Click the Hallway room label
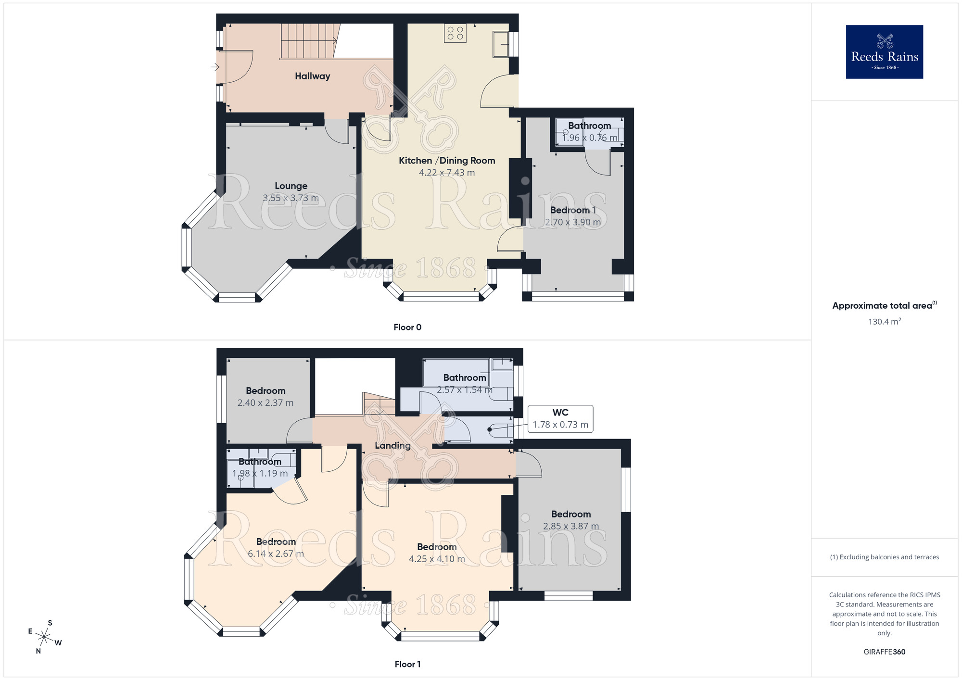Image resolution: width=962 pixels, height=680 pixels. point(312,76)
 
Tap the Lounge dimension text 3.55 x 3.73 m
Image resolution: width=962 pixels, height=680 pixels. point(291,198)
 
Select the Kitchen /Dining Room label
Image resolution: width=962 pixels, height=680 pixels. point(447,161)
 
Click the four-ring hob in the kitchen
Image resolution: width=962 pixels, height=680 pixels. point(455,33)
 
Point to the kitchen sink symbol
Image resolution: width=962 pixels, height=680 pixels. point(501,44)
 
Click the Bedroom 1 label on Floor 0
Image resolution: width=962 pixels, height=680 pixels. point(573,210)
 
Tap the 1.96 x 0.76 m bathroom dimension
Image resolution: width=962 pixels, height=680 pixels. point(590,138)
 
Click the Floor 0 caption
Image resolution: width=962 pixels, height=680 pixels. point(407,327)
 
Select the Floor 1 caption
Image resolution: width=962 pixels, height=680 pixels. point(407,664)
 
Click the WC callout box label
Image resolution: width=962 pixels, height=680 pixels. point(560,413)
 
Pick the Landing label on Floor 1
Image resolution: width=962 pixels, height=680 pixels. point(392,445)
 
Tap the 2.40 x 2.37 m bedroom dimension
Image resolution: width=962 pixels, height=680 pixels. point(265,403)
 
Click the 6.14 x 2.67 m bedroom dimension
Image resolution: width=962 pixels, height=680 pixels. point(276,554)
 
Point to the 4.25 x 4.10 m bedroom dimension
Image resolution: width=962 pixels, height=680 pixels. point(437,559)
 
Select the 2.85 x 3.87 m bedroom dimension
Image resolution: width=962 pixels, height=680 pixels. point(571,526)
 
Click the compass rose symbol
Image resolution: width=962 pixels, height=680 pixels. point(44,637)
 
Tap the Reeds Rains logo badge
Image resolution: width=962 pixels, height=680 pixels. point(884,52)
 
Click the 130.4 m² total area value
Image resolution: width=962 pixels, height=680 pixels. point(884,322)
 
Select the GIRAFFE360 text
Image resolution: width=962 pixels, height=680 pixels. point(884,652)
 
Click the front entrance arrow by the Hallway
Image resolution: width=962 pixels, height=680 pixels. point(215,67)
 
